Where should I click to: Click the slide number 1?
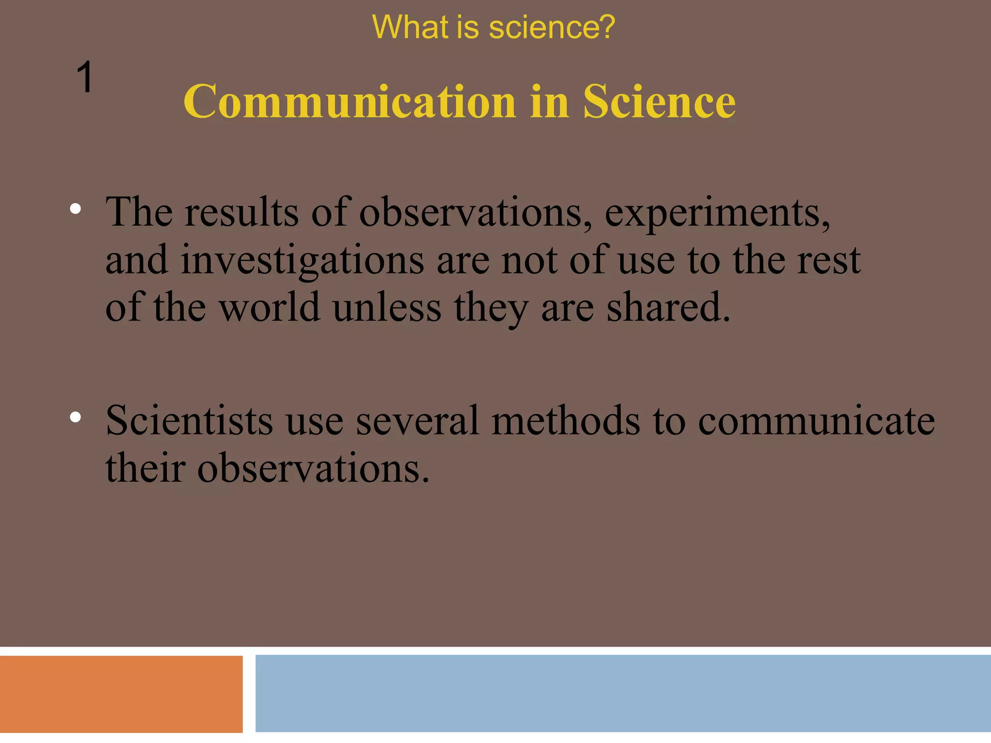(x=85, y=77)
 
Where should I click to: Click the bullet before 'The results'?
(x=75, y=209)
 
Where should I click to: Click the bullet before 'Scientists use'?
(x=75, y=417)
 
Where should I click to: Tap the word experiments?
(x=717, y=213)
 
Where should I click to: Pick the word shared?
(x=668, y=308)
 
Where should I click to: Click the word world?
(x=270, y=308)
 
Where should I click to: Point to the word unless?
(x=387, y=308)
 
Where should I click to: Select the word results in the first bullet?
(x=241, y=213)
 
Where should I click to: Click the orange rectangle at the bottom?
(x=121, y=694)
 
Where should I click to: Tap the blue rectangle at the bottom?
(x=623, y=693)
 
